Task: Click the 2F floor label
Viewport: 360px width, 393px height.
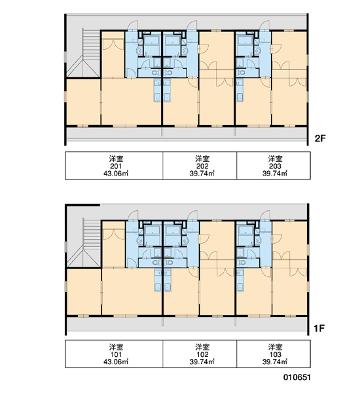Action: [320, 138]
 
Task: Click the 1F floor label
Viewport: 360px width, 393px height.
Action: [319, 328]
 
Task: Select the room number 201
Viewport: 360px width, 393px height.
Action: [116, 166]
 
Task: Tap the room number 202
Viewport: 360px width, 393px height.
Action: [202, 166]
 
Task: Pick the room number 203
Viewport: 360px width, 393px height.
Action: [275, 166]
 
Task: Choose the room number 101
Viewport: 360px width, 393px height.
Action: [116, 354]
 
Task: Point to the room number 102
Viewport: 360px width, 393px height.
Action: [202, 354]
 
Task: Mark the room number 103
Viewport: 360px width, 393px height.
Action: [275, 354]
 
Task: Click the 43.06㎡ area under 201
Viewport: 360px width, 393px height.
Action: [116, 174]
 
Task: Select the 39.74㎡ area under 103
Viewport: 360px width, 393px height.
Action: [275, 362]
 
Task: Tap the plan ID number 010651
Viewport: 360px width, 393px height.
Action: [297, 377]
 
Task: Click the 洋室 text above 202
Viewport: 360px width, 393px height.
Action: [202, 159]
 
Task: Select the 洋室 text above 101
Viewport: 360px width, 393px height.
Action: [116, 347]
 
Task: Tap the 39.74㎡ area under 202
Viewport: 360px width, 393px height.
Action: [202, 174]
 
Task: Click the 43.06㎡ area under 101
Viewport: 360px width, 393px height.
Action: [116, 362]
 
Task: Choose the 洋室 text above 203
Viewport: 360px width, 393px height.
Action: [275, 159]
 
